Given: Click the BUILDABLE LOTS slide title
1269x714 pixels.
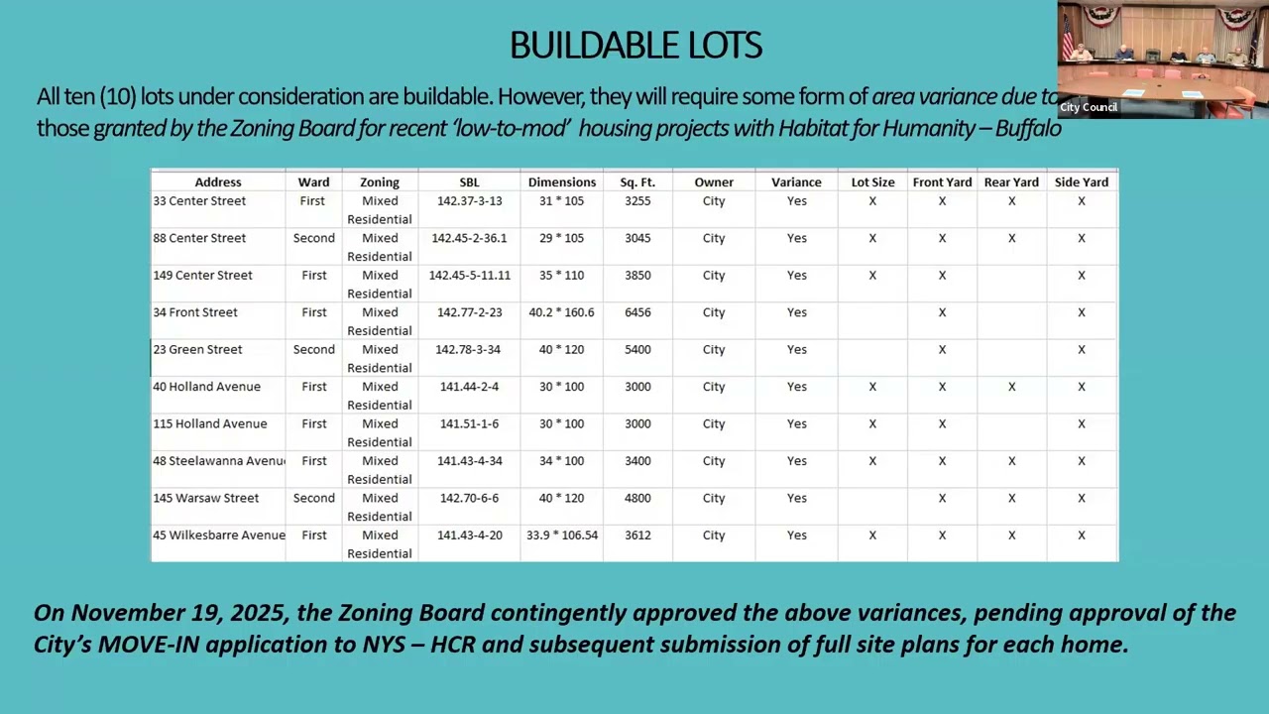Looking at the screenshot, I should click(635, 46).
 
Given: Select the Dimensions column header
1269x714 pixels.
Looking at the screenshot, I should click(562, 182).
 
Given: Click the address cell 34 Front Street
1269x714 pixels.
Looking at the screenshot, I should click(195, 312).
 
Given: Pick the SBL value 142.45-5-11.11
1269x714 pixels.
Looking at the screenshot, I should click(469, 276).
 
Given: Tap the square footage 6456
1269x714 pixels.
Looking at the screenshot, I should click(637, 312).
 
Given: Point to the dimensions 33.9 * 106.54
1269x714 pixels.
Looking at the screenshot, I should click(562, 535).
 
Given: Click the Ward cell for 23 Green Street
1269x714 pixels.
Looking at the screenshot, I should click(313, 350).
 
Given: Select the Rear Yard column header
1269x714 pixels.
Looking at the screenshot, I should click(1011, 182).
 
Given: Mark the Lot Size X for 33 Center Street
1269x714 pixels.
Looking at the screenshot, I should click(872, 201).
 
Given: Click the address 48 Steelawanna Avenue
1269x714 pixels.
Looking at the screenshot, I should click(218, 461).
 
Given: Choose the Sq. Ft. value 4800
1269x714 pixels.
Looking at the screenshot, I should click(637, 499).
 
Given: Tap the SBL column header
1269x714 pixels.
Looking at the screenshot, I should click(469, 182).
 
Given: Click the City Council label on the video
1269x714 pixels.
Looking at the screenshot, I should click(1089, 107).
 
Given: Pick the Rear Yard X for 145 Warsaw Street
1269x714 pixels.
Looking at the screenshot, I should click(1011, 499).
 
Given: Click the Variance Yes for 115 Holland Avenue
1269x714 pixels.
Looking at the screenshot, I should click(796, 424).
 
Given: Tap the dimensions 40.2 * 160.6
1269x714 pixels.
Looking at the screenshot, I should click(562, 312).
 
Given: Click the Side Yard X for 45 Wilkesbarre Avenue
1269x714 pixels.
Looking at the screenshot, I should click(1082, 535).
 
